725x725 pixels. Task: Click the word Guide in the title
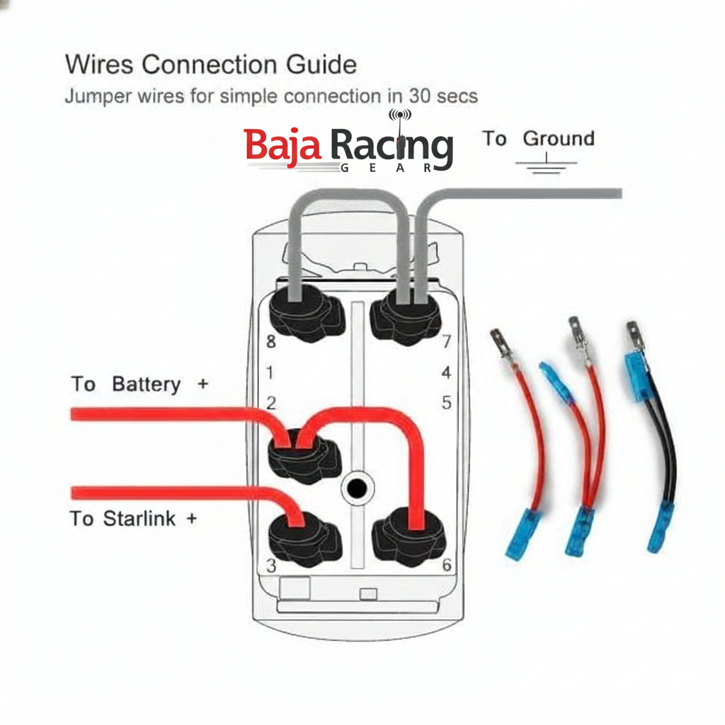(x=321, y=65)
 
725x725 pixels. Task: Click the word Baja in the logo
(x=283, y=145)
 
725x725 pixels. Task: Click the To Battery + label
(x=139, y=384)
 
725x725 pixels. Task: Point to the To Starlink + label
(x=133, y=519)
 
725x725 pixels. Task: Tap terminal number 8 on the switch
(x=270, y=342)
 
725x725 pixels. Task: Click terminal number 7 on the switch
(x=446, y=342)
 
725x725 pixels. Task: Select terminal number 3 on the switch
(x=270, y=566)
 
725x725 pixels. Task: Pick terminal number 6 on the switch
(x=446, y=565)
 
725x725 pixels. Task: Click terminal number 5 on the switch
(x=446, y=403)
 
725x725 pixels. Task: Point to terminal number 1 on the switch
(x=270, y=372)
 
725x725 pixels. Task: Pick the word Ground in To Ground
(x=558, y=139)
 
